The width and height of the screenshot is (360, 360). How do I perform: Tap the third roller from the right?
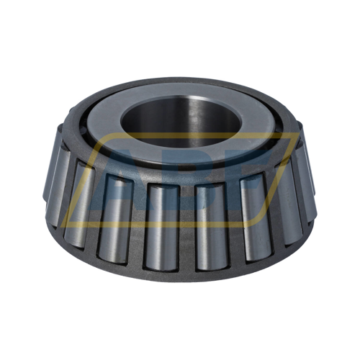click(x=253, y=220)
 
